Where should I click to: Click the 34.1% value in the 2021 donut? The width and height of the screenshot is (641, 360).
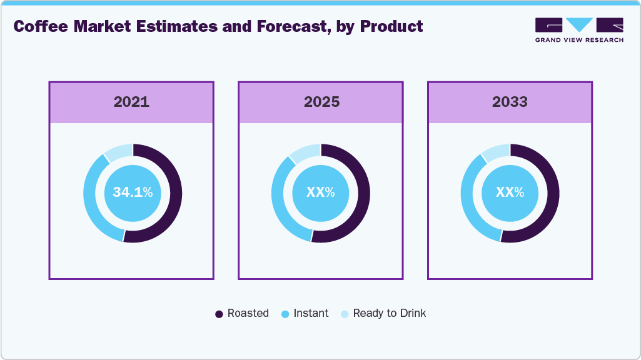133,193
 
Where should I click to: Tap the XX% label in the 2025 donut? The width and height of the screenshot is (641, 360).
320,193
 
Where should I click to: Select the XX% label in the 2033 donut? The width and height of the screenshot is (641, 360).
510,193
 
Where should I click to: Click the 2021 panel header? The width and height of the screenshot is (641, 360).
131,102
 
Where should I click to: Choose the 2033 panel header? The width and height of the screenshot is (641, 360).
510,102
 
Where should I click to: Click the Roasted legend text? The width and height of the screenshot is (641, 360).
248,314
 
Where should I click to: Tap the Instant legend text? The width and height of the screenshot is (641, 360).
311,314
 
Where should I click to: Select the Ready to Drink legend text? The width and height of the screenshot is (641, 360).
389,314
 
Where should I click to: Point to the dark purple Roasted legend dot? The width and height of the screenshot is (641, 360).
219,314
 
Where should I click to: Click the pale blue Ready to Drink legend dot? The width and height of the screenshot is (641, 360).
345,314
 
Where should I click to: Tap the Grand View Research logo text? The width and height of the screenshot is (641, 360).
579,40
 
